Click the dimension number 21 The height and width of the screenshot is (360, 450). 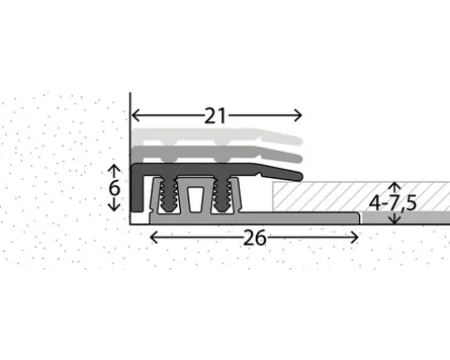[215, 116]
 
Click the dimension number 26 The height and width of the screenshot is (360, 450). [255, 238]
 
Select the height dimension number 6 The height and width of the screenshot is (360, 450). [114, 188]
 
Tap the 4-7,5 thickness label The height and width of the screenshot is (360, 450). [393, 203]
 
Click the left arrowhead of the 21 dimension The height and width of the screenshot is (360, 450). [135, 115]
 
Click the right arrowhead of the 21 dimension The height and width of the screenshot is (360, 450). [298, 115]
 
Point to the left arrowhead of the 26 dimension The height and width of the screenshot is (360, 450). [154, 238]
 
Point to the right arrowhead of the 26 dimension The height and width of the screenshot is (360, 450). [354, 238]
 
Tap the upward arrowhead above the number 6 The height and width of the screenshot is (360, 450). [114, 168]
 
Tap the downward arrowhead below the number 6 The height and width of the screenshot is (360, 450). [114, 207]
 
